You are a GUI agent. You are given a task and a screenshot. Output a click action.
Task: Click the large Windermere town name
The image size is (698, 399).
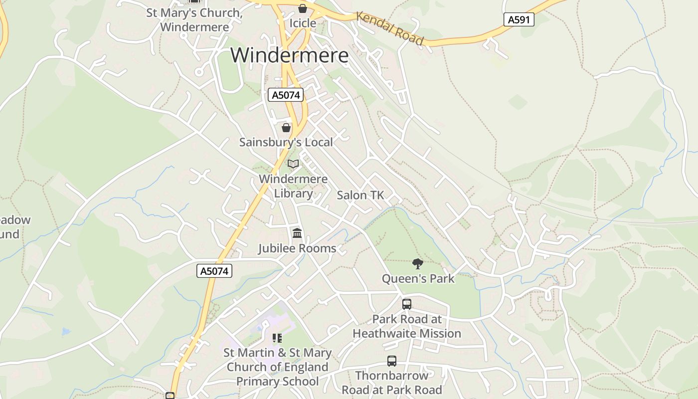click(x=289, y=55)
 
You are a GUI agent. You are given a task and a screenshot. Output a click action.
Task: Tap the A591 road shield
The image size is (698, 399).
click(x=519, y=19)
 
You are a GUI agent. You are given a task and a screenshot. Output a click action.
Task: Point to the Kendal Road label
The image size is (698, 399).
click(x=390, y=29)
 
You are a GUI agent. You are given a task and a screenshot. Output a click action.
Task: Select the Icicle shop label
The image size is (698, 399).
click(x=303, y=23)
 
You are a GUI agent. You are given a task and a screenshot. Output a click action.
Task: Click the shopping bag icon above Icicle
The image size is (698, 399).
click(x=303, y=8)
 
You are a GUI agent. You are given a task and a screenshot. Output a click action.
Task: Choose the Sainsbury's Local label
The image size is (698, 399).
click(x=286, y=142)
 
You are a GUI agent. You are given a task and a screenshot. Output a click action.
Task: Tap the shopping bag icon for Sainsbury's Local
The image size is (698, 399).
click(x=286, y=128)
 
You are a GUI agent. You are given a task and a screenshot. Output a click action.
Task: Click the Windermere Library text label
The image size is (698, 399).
click(x=293, y=186)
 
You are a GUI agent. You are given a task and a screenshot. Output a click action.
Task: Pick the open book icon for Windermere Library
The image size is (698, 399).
click(x=293, y=164)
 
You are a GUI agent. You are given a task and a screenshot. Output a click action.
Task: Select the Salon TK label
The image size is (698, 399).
click(x=360, y=195)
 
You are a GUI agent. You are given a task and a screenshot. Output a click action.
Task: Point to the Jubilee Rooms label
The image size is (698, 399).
click(x=297, y=248)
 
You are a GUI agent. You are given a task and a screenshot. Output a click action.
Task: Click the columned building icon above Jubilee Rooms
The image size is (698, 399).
click(x=297, y=233)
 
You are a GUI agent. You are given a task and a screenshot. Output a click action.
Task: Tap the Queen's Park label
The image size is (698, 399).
click(x=418, y=278)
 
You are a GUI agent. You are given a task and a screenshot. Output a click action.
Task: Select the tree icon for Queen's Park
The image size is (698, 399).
click(x=418, y=263)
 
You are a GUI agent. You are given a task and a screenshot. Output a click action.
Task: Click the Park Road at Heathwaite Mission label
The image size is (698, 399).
click(x=407, y=326)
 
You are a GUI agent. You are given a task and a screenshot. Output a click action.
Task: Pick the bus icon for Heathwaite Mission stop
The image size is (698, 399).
click(x=407, y=304)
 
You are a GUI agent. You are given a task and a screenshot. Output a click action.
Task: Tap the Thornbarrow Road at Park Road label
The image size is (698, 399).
click(x=392, y=383)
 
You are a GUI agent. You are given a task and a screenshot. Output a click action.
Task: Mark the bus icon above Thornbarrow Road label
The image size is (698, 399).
click(x=392, y=361)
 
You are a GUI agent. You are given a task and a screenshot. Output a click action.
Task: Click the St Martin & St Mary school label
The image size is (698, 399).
click(x=277, y=367)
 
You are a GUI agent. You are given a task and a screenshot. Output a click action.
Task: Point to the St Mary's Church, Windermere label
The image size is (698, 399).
click(x=194, y=20)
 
